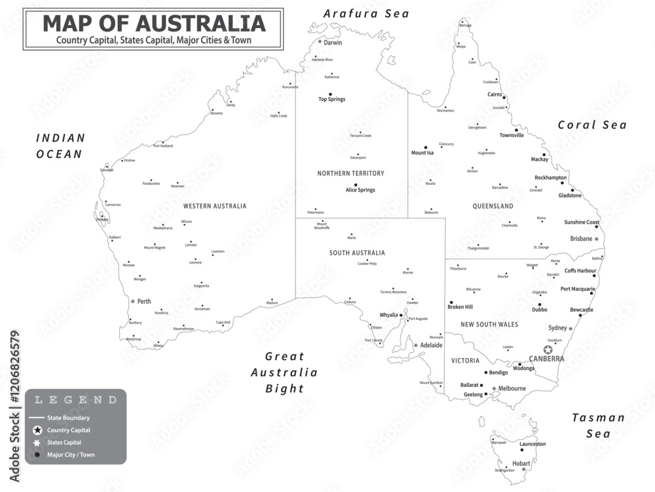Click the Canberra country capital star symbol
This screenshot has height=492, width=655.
coord(548,350)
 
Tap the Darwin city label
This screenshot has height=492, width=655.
coord(333,43)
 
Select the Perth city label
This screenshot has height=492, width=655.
coord(144,302)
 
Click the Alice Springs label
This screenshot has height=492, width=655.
coord(360,190)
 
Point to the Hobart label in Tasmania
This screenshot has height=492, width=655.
coord(521,463)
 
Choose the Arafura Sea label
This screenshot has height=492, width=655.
coord(366,13)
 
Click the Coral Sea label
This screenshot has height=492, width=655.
coord(592,125)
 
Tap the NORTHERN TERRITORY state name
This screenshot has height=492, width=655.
coord(350,173)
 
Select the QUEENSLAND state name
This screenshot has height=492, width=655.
coord(493,206)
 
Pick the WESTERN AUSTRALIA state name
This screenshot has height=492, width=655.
coord(215,206)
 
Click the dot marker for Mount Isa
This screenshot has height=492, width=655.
coord(426,148)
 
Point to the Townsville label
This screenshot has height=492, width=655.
coord(512,135)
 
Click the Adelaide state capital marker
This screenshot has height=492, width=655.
coord(415,345)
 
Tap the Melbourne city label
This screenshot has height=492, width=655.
coord(512,388)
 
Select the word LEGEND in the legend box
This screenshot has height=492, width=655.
coord(76,400)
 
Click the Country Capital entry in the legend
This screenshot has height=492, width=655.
coord(68,430)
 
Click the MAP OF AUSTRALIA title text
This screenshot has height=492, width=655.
coord(154,24)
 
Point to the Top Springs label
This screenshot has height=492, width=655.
coord(331,100)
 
